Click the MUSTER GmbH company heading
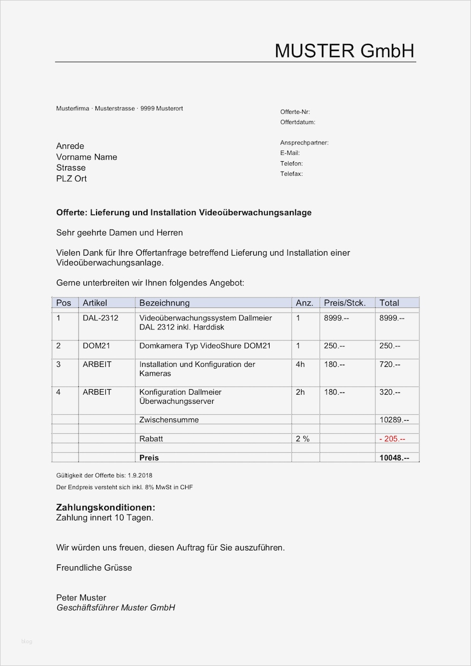click(345, 51)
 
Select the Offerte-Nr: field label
click(295, 112)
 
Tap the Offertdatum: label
click(298, 122)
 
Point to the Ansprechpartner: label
click(304, 143)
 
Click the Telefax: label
click(291, 174)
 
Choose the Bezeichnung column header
click(164, 303)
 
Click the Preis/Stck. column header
click(345, 303)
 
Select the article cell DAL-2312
click(100, 318)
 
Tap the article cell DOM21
click(96, 346)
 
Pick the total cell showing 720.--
click(390, 364)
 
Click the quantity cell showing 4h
click(300, 364)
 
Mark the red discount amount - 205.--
click(392, 439)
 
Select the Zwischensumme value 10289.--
click(394, 420)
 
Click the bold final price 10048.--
click(394, 458)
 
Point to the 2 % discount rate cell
click(302, 439)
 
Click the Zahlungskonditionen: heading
click(106, 508)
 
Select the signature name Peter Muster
click(81, 598)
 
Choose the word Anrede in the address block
click(71, 146)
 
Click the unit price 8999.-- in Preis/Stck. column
click(336, 318)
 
